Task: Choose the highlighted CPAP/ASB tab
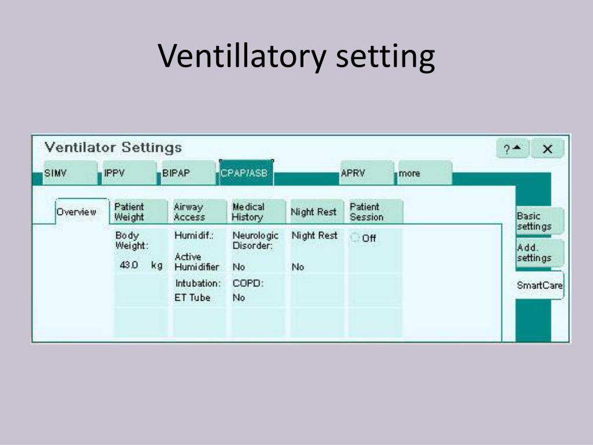pos(246,173)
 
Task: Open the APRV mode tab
pos(366,173)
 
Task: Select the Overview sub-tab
pos(81,212)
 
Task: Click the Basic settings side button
pos(539,221)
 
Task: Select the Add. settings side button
pos(539,253)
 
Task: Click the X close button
pos(547,149)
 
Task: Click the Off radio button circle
pos(355,238)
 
